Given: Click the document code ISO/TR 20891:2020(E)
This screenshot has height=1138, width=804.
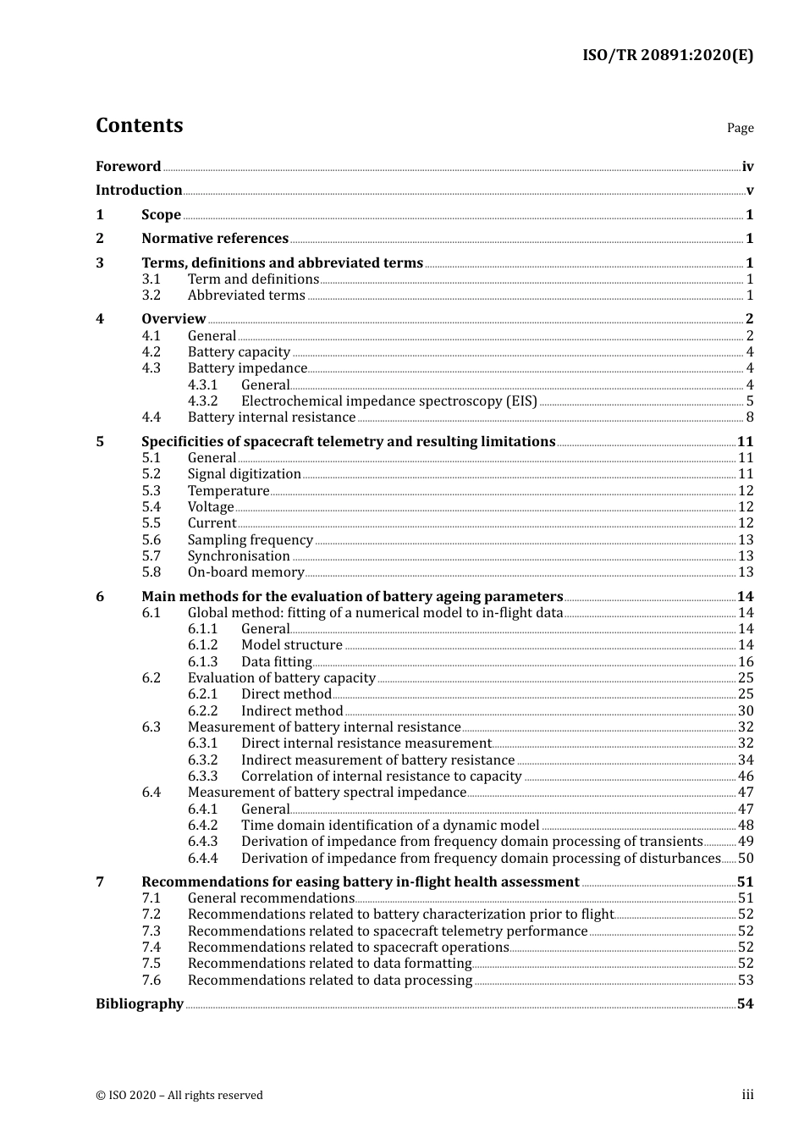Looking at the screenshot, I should [667, 55].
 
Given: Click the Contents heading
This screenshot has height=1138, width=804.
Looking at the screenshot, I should [139, 125].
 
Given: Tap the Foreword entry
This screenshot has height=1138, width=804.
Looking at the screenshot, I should [128, 167].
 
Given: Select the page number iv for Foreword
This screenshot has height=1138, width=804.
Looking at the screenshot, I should [747, 167].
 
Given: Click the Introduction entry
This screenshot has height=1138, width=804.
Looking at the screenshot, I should [139, 191].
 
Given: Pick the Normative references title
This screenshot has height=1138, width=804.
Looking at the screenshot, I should [215, 239].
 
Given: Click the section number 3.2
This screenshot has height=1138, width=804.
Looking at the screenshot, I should [151, 296].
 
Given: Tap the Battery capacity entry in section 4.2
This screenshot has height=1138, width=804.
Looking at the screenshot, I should [239, 352].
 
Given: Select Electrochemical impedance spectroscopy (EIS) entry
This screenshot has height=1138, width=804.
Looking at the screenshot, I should [388, 401].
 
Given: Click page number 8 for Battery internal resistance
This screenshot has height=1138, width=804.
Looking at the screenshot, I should [749, 417].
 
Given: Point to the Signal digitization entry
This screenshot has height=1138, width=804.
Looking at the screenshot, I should [244, 474].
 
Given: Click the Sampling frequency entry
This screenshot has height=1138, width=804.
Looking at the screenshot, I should [250, 540].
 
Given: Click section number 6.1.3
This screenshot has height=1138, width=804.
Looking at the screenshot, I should [202, 662].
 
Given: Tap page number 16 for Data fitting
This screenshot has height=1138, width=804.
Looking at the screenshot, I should [746, 662].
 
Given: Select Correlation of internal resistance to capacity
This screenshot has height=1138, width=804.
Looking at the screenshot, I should [381, 776].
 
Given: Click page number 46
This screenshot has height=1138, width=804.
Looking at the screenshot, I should [746, 776].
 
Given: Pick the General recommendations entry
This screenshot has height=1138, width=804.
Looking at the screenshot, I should [271, 898].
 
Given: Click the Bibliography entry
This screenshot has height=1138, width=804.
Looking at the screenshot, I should [140, 1004].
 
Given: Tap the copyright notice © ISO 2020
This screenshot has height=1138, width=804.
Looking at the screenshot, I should [179, 1096].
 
